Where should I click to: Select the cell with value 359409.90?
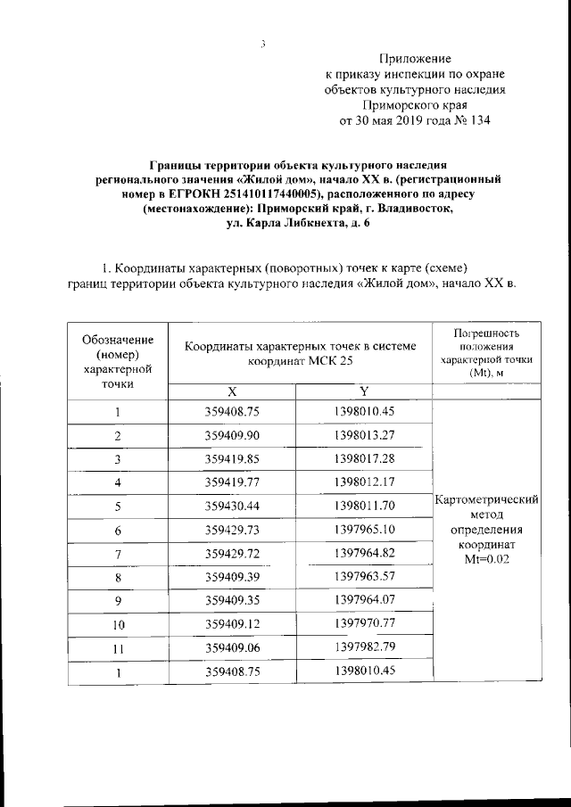(231, 435)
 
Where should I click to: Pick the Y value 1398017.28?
(364, 458)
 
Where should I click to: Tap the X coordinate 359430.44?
(231, 506)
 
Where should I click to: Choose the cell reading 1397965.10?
(364, 530)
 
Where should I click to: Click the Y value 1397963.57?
(364, 577)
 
